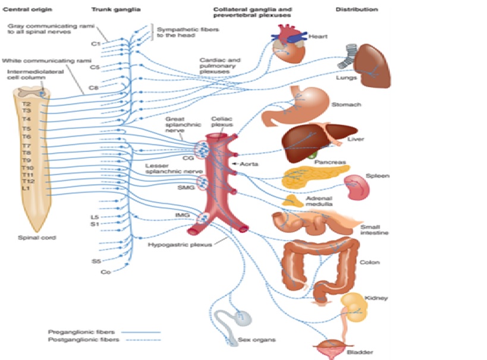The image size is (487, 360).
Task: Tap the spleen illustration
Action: click(x=363, y=187)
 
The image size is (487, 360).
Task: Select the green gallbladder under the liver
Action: click(x=312, y=155)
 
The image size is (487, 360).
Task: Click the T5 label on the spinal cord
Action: click(x=27, y=128)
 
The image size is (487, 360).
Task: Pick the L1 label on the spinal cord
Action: click(x=26, y=188)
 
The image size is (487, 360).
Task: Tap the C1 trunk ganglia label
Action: click(x=95, y=43)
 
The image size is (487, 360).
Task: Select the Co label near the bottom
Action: click(x=105, y=272)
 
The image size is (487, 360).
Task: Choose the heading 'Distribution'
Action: click(x=357, y=10)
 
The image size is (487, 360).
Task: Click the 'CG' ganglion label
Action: click(x=188, y=158)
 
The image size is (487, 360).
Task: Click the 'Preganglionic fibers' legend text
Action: click(x=74, y=331)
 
